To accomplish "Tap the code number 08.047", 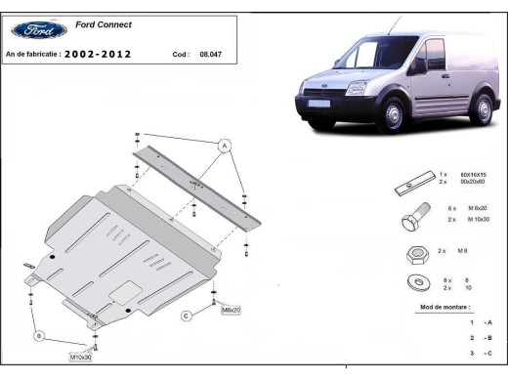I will (210, 55).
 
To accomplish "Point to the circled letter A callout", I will (224, 146).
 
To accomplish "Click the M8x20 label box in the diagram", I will (232, 309).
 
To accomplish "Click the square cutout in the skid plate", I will (124, 290).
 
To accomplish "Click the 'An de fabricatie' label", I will (33, 55).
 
